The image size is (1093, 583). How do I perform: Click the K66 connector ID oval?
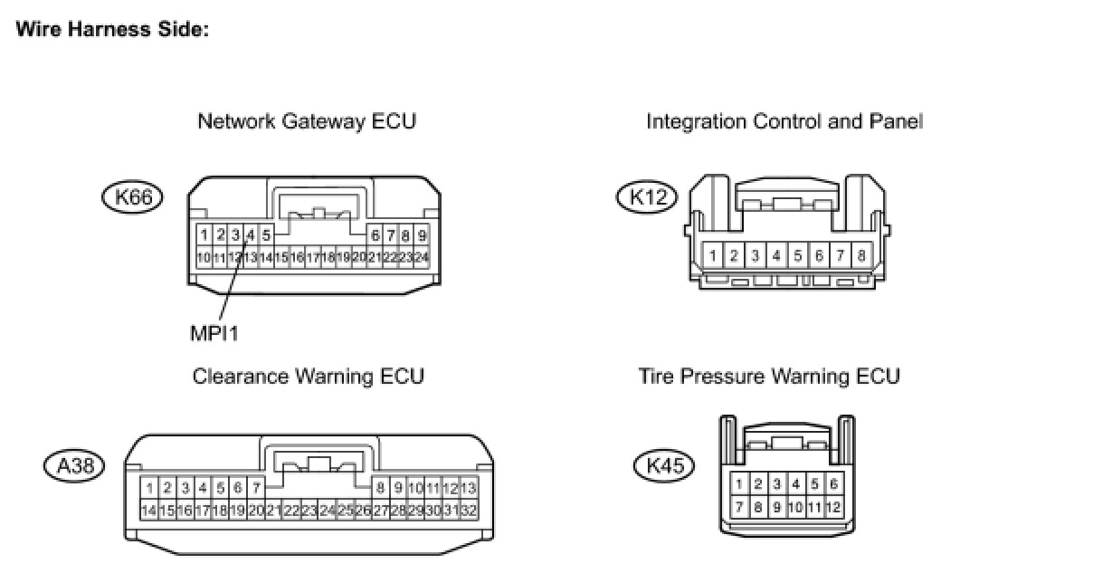point(133,196)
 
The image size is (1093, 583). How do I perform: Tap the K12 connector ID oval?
point(647,196)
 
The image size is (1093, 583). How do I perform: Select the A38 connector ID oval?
point(74,465)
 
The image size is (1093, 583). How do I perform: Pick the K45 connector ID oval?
point(664,465)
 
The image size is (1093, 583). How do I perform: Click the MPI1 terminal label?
point(214,333)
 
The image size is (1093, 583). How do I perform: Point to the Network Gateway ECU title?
point(307,121)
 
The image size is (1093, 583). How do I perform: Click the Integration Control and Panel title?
point(784,121)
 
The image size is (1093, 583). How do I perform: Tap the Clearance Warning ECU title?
point(308,376)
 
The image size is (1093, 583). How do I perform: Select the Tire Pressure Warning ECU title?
point(769,376)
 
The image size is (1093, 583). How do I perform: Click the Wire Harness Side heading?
point(113,30)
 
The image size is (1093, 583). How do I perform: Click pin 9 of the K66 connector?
point(422,236)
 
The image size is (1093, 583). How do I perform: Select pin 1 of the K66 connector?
point(204,236)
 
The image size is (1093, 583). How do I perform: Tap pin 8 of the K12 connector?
point(860,256)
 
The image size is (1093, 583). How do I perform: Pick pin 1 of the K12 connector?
point(713,256)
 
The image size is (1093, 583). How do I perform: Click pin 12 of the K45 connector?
point(832,507)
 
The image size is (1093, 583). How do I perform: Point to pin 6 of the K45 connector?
point(834,484)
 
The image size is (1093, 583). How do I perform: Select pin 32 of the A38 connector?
point(468,511)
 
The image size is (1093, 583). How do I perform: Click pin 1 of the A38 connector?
point(149,489)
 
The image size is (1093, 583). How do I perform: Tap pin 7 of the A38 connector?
point(256,489)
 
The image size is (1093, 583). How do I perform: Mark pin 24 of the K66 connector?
point(420,257)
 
